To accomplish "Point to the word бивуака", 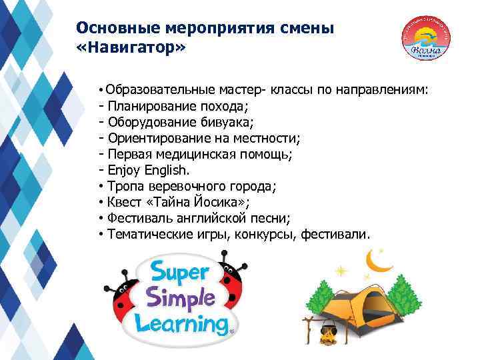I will [228, 122].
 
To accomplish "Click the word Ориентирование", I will [166, 138].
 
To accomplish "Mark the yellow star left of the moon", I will [342, 271].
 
